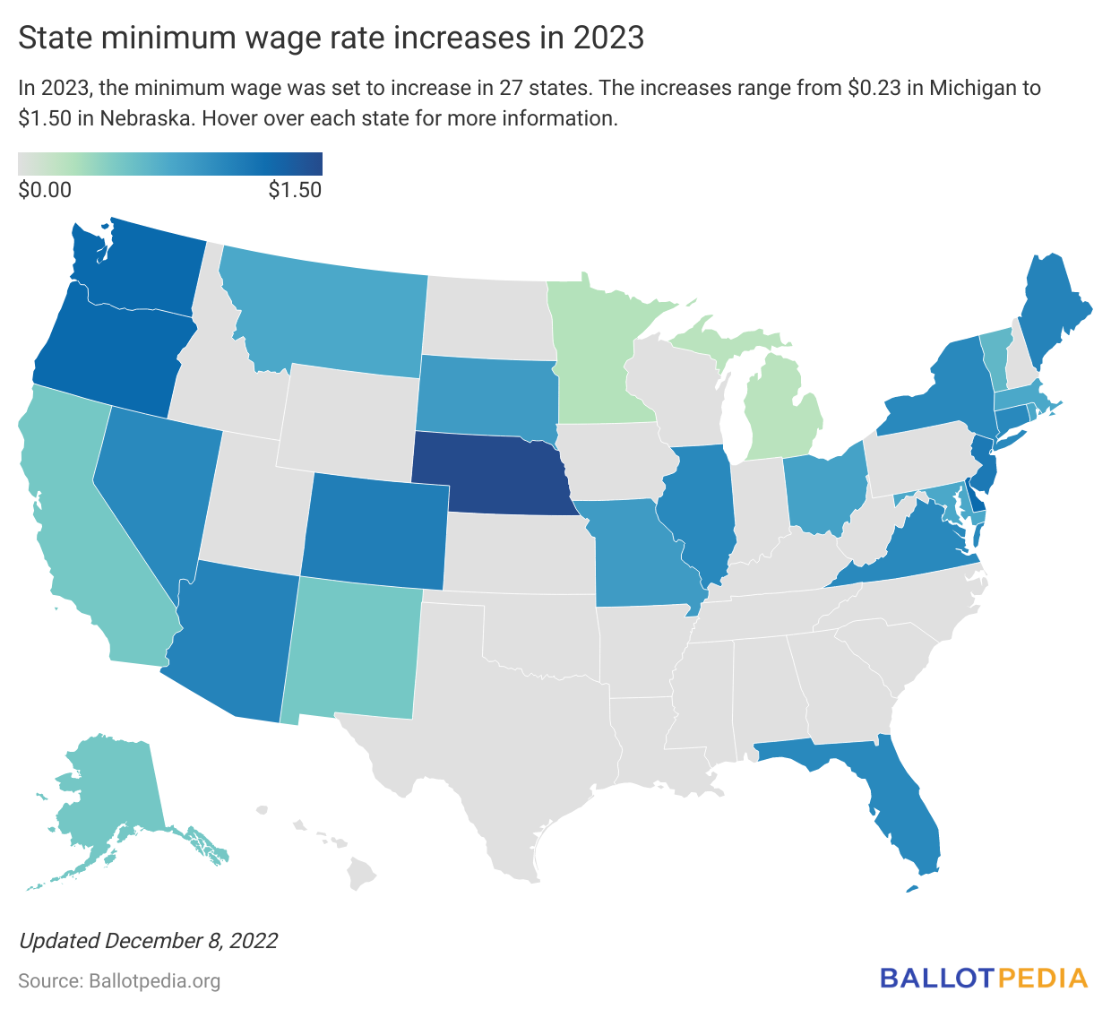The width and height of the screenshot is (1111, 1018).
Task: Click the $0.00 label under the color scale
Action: tap(45, 190)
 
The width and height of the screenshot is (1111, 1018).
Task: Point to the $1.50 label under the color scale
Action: tap(295, 190)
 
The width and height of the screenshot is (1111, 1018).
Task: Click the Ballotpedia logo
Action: tap(983, 978)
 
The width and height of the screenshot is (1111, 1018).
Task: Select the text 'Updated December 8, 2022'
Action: tap(148, 941)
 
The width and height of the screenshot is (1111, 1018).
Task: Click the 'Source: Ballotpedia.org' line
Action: tap(119, 981)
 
